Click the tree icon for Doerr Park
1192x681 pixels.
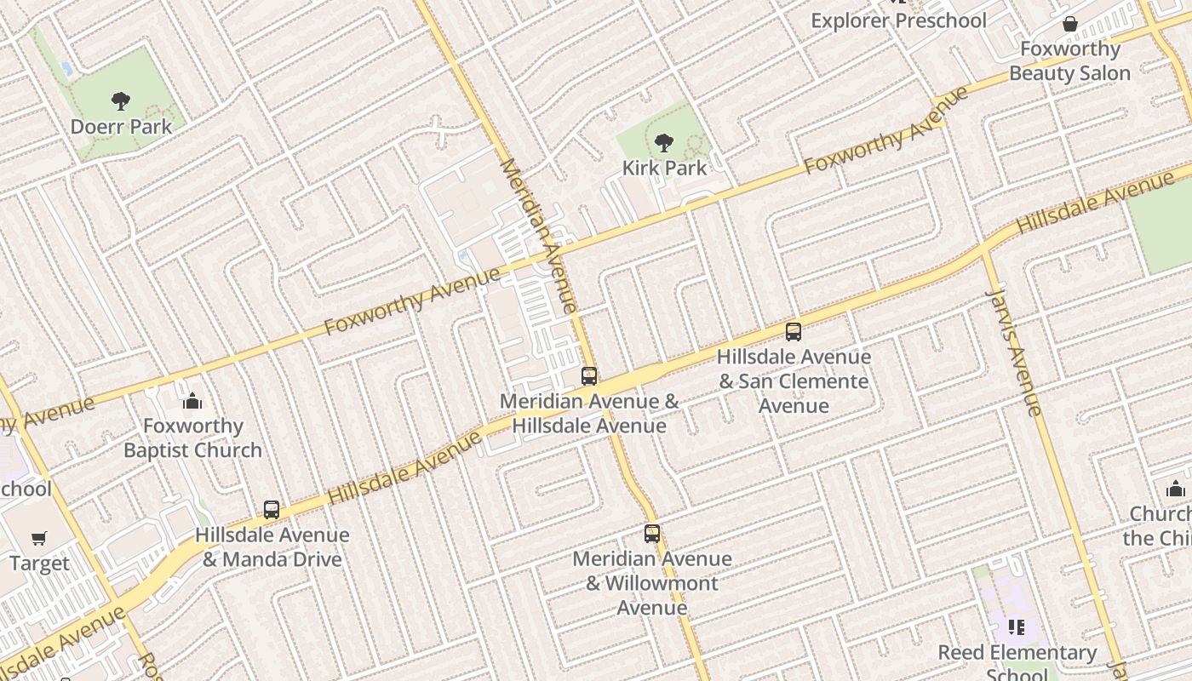tap(121, 101)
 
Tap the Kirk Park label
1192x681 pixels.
tap(664, 168)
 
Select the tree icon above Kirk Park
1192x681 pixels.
tap(663, 142)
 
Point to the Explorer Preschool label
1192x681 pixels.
tap(898, 20)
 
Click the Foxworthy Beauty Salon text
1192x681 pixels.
tap(1069, 61)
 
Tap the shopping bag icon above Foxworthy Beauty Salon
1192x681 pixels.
tap(1069, 24)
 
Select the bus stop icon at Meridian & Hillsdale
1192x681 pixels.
tap(589, 375)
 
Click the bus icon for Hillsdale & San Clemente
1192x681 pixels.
tap(794, 331)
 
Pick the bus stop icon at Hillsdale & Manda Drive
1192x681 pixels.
tap(272, 509)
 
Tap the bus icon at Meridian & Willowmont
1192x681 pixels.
tap(652, 533)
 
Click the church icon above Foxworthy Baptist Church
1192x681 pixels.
tap(192, 400)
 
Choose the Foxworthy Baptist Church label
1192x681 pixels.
tap(192, 438)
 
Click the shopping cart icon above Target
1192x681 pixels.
tap(39, 538)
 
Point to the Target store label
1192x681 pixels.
tap(39, 564)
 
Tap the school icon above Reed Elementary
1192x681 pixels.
tap(1016, 627)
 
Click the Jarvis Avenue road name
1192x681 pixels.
tap(1013, 352)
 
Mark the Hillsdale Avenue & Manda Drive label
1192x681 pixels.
tap(272, 547)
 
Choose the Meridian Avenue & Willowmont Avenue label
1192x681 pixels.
tap(652, 583)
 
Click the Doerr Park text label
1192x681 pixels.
tap(121, 127)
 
